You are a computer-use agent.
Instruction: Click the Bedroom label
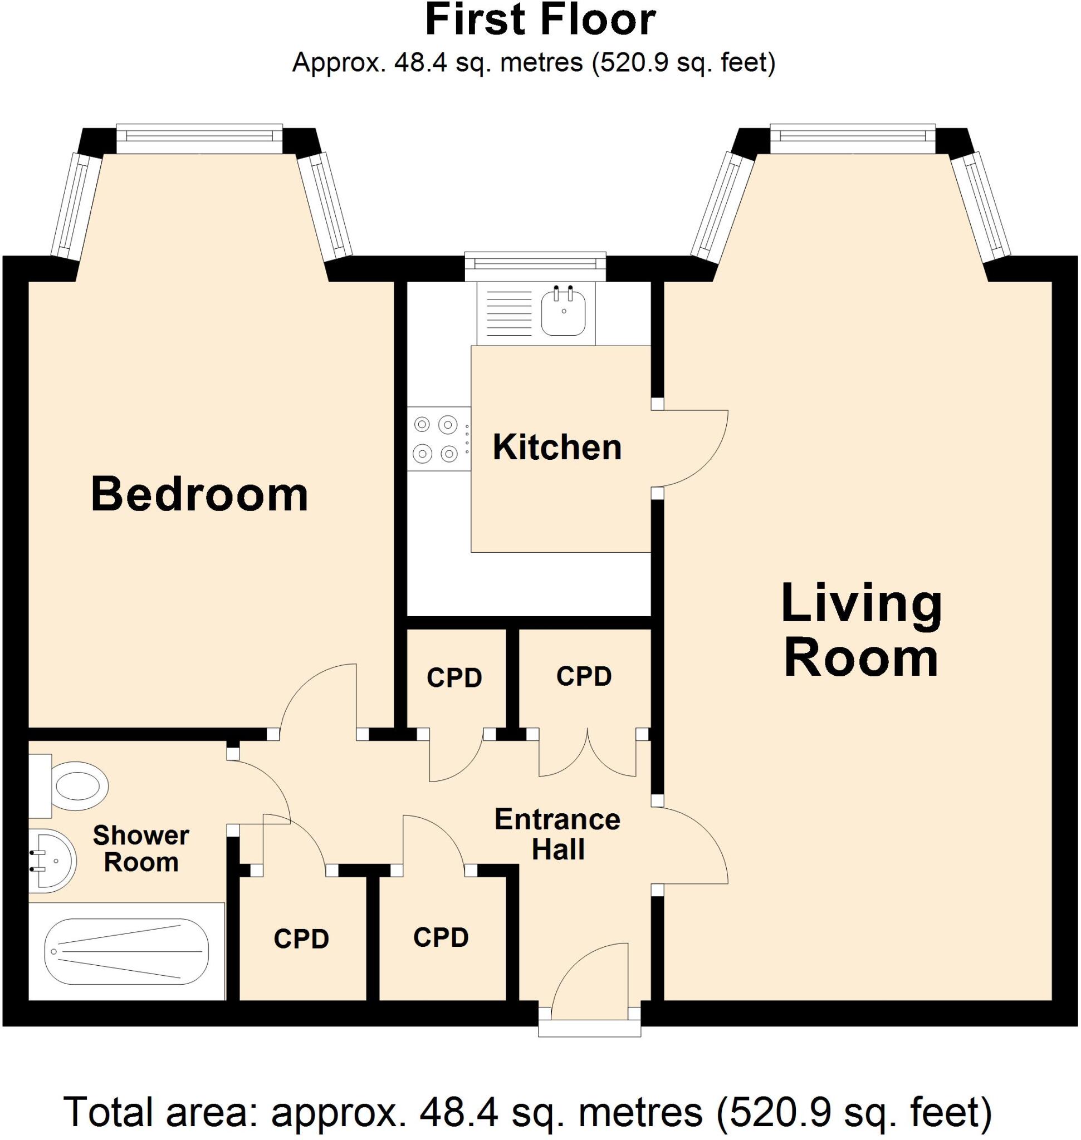[x=199, y=494]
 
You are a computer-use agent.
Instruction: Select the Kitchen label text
[x=557, y=448]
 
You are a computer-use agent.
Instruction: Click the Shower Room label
[x=140, y=848]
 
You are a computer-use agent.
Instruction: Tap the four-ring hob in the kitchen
[x=436, y=440]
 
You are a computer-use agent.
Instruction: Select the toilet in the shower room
[x=75, y=787]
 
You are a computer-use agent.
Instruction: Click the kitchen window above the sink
[x=535, y=263]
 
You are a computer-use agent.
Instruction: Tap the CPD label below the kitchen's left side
[x=454, y=679]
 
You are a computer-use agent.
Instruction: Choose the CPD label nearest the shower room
[x=301, y=940]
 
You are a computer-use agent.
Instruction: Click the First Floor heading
[x=540, y=21]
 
